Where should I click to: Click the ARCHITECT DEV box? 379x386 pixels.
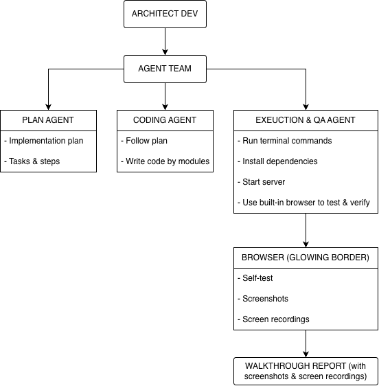[x=165, y=14]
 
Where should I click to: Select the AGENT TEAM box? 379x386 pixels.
[x=165, y=69]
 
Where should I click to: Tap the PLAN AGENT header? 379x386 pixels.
[x=48, y=120]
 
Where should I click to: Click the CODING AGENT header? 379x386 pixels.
[x=165, y=120]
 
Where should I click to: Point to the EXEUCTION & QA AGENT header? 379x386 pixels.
[x=306, y=120]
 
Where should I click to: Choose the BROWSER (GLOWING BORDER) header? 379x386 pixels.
[x=306, y=258]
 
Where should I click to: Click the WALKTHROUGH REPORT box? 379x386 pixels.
[x=306, y=371]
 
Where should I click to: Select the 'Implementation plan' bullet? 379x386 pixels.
[x=44, y=141]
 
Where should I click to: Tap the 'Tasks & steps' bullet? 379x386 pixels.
[x=32, y=161]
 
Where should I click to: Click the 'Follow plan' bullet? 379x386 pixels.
[x=144, y=141]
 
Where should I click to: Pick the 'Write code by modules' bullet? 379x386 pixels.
[x=165, y=161]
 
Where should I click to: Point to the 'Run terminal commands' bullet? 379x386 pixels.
[x=285, y=141]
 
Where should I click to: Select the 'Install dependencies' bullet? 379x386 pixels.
[x=277, y=161]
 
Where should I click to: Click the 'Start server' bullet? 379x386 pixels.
[x=262, y=182]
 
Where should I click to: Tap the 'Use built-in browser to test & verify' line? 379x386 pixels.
[x=303, y=203]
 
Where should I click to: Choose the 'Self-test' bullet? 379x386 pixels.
[x=255, y=278]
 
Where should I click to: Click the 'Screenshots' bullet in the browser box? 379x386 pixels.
[x=263, y=299]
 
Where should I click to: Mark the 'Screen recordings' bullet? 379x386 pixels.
[x=273, y=319]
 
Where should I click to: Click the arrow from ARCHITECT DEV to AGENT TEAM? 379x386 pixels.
[x=165, y=42]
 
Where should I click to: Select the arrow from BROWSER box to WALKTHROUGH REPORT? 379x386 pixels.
[x=306, y=343]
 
